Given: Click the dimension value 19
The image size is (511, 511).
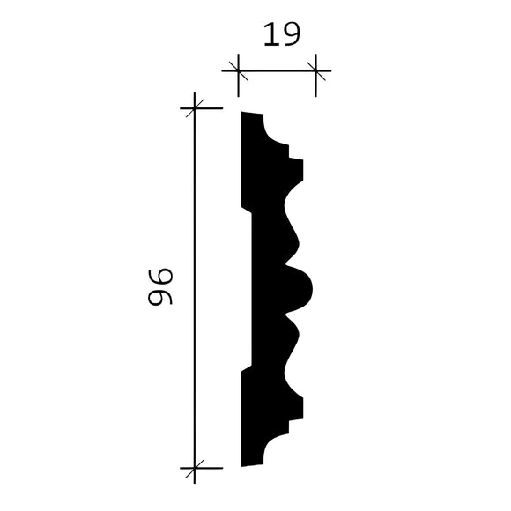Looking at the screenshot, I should (x=281, y=34).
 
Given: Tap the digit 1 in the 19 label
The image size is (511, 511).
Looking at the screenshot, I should (x=270, y=34).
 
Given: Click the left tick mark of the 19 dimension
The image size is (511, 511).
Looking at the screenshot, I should (x=235, y=69).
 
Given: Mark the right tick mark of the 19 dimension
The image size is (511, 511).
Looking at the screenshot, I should (x=316, y=69).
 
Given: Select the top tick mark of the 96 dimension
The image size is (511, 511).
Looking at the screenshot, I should (x=194, y=108).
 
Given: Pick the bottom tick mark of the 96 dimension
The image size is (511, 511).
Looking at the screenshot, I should (x=194, y=466).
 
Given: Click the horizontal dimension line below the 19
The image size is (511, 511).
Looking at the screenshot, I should (x=276, y=69).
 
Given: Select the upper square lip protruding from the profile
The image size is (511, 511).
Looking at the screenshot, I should (x=296, y=169).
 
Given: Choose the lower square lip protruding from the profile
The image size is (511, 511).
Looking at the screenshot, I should (x=296, y=407).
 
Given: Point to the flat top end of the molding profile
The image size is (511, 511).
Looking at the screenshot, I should (x=252, y=115).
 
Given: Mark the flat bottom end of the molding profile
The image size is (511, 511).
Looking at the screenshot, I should (x=252, y=463).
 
